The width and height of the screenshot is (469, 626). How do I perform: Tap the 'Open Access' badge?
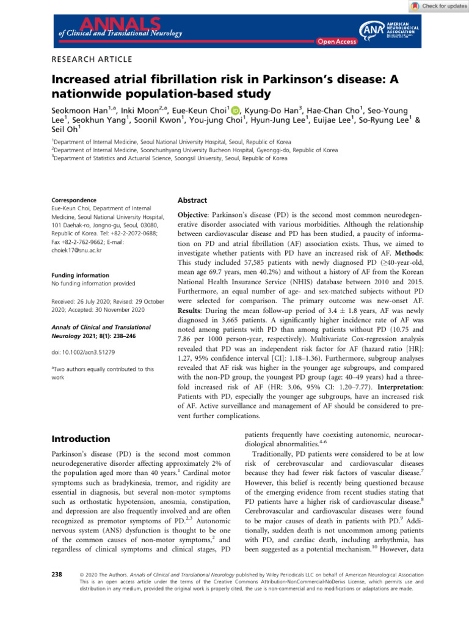[335, 41]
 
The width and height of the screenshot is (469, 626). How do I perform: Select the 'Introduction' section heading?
[81, 438]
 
